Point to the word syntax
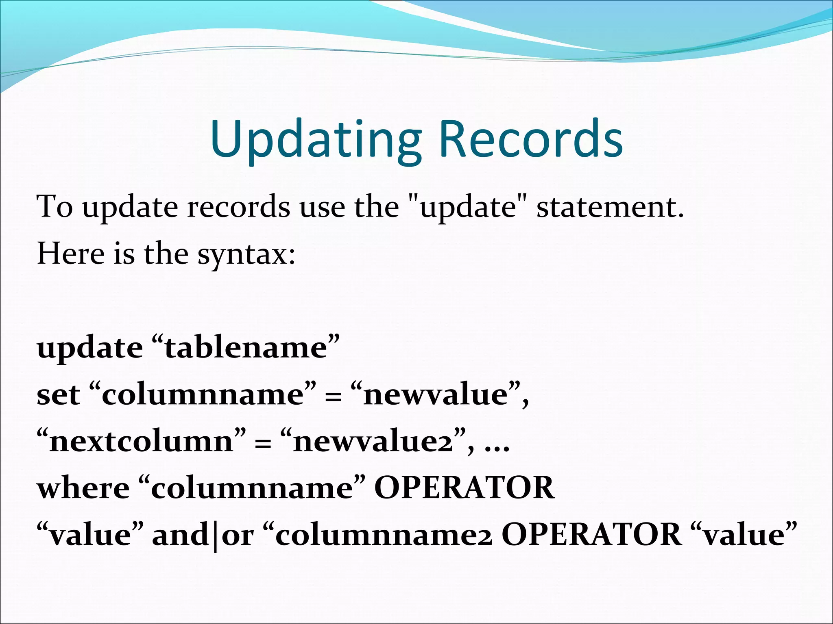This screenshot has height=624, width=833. point(246,254)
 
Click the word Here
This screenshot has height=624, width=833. point(71,253)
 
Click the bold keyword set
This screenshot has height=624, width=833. point(58,395)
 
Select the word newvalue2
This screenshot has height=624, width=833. point(373,442)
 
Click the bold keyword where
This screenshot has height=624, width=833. point(83,488)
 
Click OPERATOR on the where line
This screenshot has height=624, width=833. point(464,488)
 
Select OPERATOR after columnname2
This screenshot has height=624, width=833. point(591,535)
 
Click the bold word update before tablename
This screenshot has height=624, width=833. point(90,349)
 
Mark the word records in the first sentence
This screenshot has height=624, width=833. point(238,208)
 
